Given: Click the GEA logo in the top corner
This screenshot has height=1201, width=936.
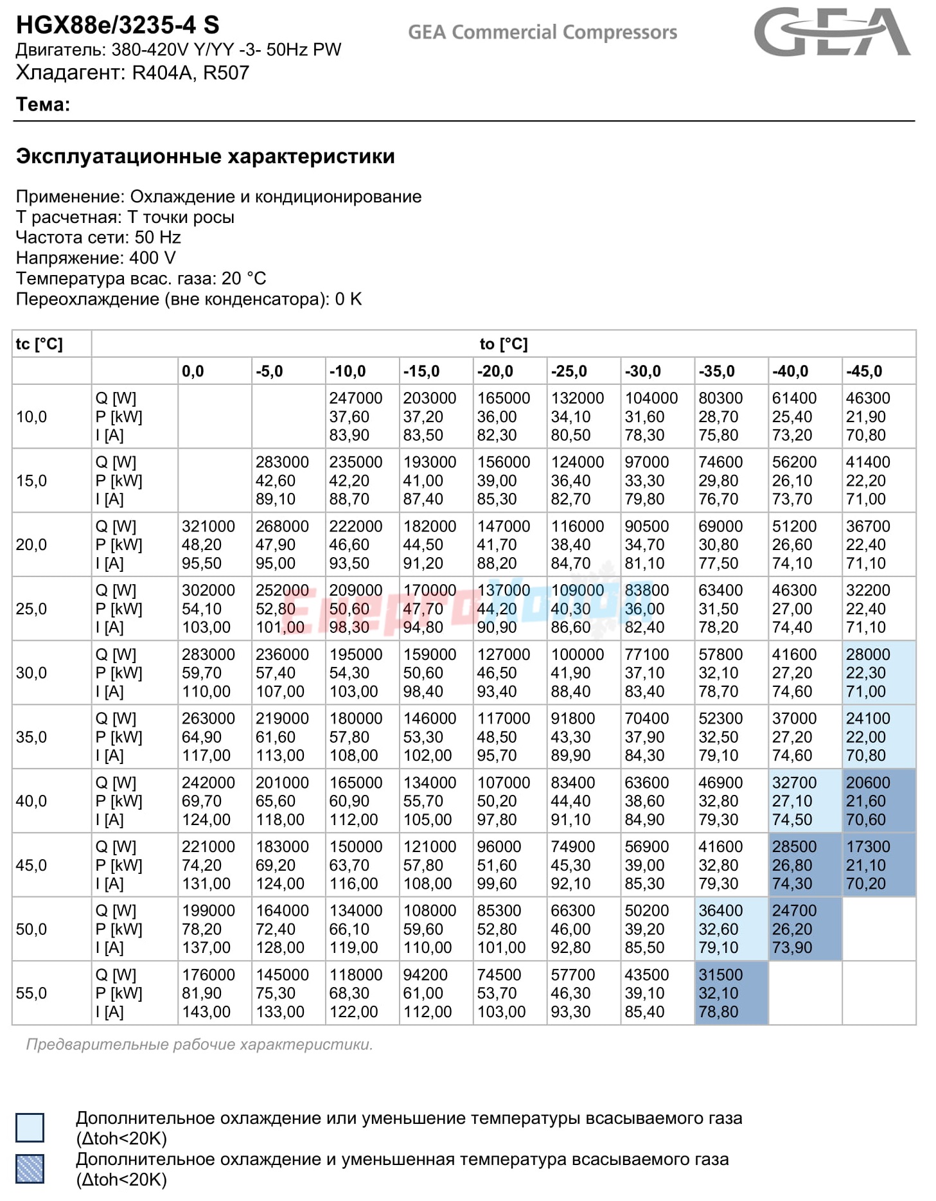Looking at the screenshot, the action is point(832,32).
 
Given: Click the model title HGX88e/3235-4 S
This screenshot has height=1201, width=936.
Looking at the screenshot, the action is point(118,25).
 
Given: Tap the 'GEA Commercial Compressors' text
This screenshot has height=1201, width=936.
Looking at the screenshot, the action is point(542,32).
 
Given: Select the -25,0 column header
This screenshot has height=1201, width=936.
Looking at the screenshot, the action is point(569,371).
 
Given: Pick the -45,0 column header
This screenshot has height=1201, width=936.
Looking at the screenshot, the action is point(864,371).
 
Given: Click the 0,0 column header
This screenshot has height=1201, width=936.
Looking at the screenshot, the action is point(193,371).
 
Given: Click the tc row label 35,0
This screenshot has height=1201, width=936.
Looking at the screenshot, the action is point(31,737).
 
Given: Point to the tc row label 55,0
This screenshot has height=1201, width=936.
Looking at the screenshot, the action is point(31,993).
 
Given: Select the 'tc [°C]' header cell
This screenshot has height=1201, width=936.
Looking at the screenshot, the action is point(39,344).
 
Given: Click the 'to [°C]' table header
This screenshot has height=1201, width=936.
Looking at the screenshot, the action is point(504,344).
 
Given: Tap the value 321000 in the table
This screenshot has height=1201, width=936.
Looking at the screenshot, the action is point(208,526).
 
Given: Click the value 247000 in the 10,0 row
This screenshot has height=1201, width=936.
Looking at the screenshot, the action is point(356,398).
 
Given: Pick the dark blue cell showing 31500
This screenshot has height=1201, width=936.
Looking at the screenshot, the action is point(731,993).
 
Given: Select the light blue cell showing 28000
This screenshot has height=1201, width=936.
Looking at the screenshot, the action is point(879,673).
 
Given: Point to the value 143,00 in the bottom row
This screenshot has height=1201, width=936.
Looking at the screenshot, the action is point(206,1012).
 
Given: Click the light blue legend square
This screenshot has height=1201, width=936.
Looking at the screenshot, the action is point(30,1128).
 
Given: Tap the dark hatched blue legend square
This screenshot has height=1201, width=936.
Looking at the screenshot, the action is point(30,1169).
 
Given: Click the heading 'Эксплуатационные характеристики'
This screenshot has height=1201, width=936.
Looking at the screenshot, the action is point(206,157).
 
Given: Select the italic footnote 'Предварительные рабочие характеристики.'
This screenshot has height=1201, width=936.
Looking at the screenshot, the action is point(199,1045).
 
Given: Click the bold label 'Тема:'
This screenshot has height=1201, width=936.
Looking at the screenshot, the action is point(43,104).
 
